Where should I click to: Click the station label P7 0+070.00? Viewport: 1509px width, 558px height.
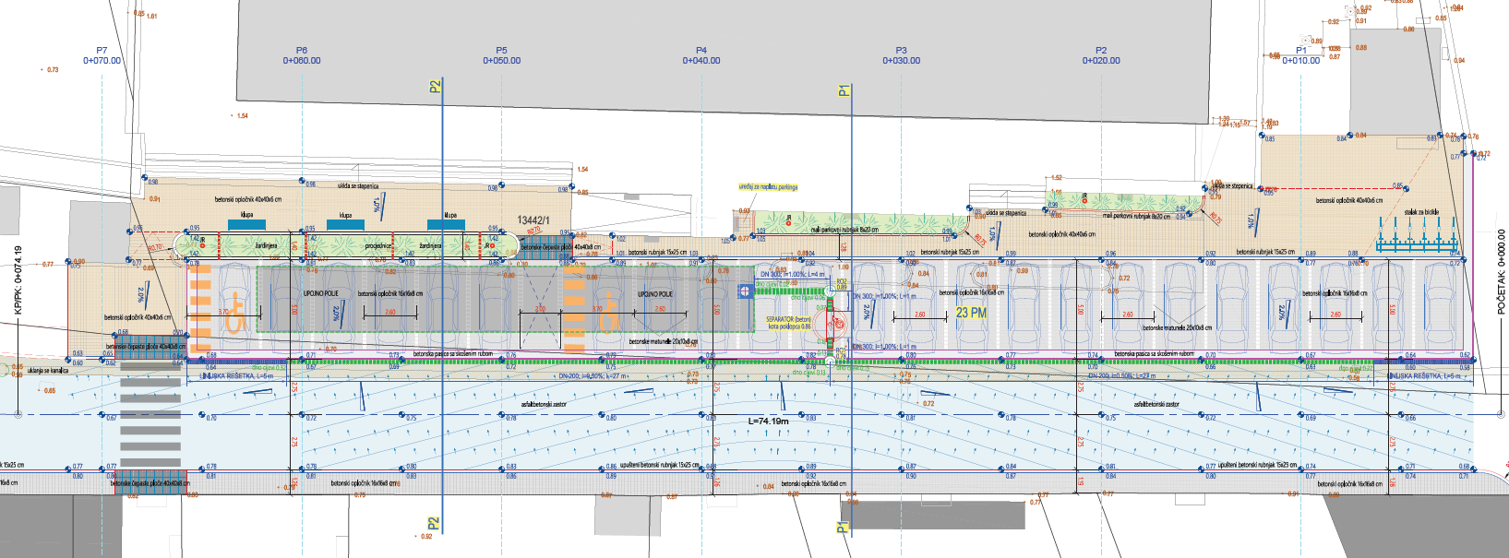pyautogui.click(x=102, y=55)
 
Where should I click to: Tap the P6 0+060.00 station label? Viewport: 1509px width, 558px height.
pyautogui.click(x=302, y=55)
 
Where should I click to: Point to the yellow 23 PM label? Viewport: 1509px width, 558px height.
pyautogui.click(x=971, y=313)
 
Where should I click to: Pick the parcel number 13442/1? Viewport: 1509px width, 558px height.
pyautogui.click(x=533, y=220)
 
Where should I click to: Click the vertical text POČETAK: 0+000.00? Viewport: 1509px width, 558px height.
pyautogui.click(x=1501, y=271)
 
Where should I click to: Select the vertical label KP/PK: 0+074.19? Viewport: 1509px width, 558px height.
pyautogui.click(x=18, y=280)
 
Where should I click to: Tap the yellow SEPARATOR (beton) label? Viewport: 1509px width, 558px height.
pyautogui.click(x=789, y=323)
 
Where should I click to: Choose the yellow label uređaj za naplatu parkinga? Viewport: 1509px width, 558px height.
pyautogui.click(x=768, y=187)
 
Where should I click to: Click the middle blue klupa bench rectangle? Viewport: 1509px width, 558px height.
pyautogui.click(x=345, y=224)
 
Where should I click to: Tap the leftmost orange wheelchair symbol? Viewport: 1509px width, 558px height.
pyautogui.click(x=234, y=313)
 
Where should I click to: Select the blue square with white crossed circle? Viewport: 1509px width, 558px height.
pyautogui.click(x=745, y=291)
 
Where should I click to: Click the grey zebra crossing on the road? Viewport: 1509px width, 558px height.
pyautogui.click(x=150, y=420)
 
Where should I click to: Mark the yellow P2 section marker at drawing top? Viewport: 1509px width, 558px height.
pyautogui.click(x=435, y=87)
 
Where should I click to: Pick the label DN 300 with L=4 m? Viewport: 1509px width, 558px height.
pyautogui.click(x=792, y=274)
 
